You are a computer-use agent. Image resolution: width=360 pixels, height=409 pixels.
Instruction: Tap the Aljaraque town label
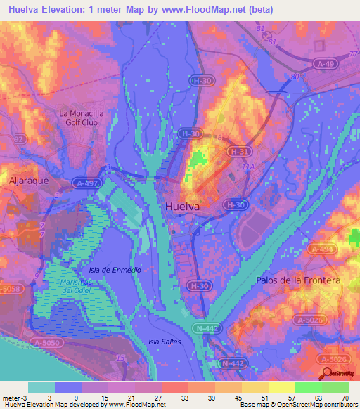point(28,180)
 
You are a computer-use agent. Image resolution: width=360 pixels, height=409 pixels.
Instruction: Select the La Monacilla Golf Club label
point(87,117)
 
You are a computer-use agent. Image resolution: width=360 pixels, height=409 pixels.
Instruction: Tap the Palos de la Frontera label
point(298,280)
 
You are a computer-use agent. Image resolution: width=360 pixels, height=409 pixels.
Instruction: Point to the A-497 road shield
point(89,183)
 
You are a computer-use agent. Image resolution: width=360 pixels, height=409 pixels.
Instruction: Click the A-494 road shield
point(323,249)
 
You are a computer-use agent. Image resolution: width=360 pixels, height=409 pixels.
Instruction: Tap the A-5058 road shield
point(10,288)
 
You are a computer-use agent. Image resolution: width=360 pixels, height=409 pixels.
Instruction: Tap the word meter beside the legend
point(11,398)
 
